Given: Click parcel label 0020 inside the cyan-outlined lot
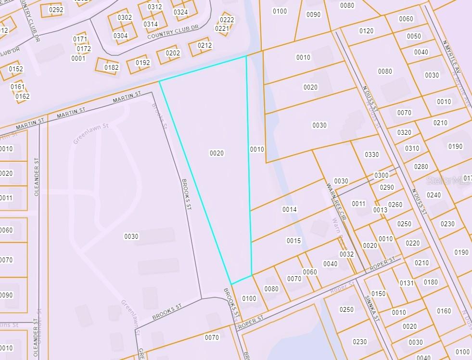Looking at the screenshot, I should pyautogui.click(x=217, y=153).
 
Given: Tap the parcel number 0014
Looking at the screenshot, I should pyautogui.click(x=290, y=209).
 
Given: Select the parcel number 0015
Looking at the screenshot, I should pyautogui.click(x=293, y=241).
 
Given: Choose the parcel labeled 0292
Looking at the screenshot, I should pyautogui.click(x=56, y=9).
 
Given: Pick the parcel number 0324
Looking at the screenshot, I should pyautogui.click(x=180, y=12).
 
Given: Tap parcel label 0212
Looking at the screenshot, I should pyautogui.click(x=204, y=46).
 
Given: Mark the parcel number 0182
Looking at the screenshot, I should pyautogui.click(x=111, y=67).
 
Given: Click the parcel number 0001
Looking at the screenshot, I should pyautogui.click(x=78, y=58).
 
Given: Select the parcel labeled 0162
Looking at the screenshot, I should pyautogui.click(x=23, y=96).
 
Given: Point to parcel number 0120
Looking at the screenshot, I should pyautogui.click(x=366, y=31).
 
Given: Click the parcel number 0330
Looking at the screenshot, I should pyautogui.click(x=372, y=154).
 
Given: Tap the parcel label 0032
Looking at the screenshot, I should pyautogui.click(x=346, y=254).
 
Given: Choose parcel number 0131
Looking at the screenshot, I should pyautogui.click(x=407, y=283).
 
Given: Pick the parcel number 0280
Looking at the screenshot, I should pyautogui.click(x=421, y=167).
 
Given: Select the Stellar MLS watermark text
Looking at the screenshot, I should pyautogui.click(x=448, y=180).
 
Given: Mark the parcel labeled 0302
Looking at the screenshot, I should pyautogui.click(x=125, y=17).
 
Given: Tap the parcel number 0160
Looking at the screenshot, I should pyautogui.click(x=444, y=311).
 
